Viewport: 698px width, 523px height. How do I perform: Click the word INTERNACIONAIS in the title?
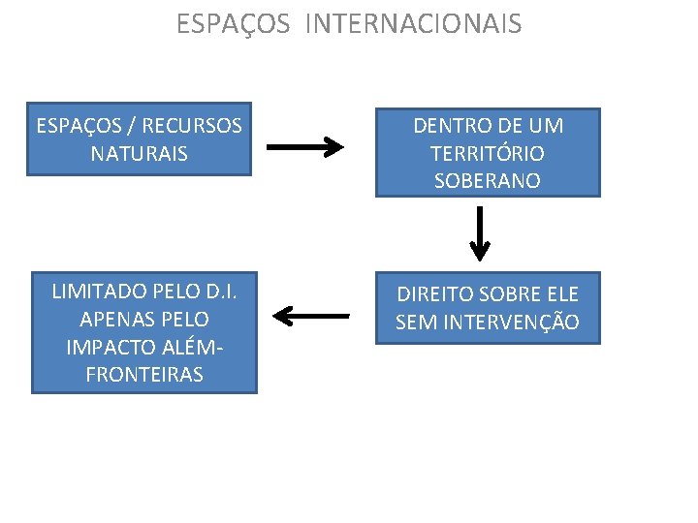tap(413, 23)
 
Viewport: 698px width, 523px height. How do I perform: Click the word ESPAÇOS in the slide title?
tap(233, 23)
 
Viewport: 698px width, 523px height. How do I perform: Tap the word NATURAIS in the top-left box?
tap(139, 153)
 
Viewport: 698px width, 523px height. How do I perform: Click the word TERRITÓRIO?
tap(488, 153)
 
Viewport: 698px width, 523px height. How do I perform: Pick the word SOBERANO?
tap(488, 181)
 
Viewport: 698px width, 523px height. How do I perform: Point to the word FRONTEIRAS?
tap(144, 375)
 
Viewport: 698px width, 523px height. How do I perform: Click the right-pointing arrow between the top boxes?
tap(304, 147)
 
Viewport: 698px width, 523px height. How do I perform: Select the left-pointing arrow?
tap(311, 315)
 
